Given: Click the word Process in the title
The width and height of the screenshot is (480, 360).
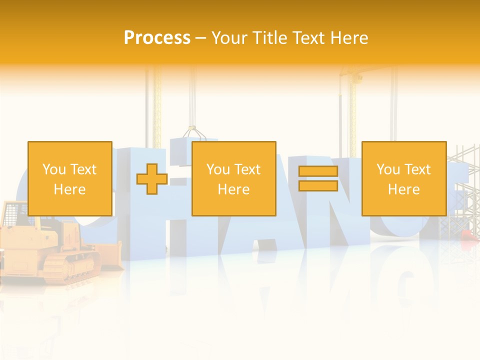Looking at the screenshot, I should (157, 38).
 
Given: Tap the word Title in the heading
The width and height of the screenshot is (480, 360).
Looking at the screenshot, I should (269, 38).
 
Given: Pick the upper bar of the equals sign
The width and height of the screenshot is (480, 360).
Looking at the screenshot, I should (318, 171).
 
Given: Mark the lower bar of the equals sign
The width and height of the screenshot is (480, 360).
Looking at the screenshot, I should (318, 185).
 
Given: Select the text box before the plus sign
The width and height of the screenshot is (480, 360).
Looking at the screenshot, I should (69, 178).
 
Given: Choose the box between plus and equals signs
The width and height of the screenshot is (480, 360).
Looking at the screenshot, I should (233, 178).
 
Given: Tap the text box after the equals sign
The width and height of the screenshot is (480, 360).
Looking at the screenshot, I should (403, 178).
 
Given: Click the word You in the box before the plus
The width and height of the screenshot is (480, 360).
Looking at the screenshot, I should (54, 169).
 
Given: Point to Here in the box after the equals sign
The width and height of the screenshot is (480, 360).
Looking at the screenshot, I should (403, 189).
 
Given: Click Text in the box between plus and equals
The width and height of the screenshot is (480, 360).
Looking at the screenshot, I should (247, 169).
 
